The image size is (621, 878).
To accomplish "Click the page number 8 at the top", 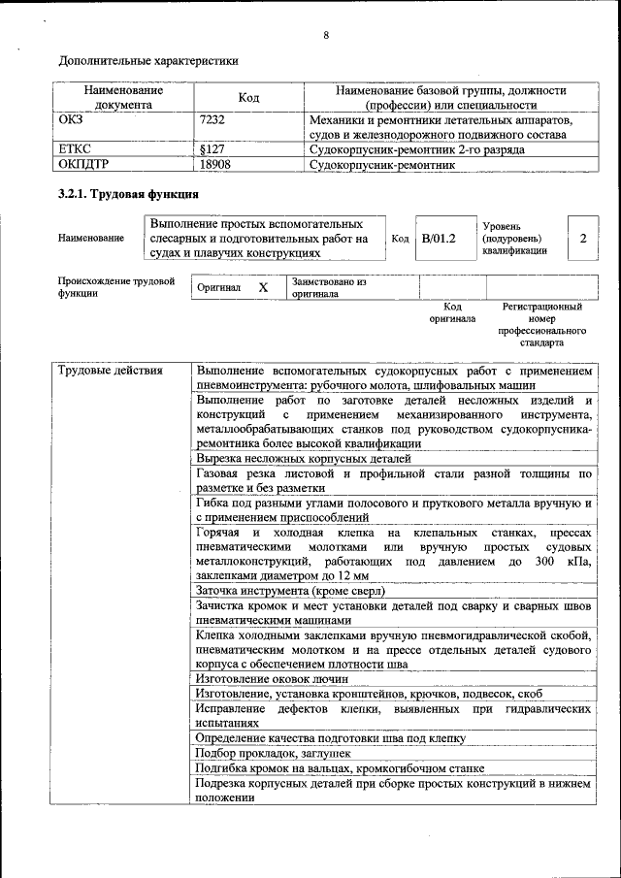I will [326, 36].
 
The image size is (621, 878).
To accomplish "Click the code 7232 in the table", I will [212, 120].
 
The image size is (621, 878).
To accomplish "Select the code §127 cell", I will [212, 150].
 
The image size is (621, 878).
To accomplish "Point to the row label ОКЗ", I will [71, 120].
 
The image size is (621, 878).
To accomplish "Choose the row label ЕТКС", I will [75, 150].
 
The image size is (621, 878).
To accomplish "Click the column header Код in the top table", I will [248, 97].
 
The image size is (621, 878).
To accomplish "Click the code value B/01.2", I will [439, 238].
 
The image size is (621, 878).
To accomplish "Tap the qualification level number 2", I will [582, 238].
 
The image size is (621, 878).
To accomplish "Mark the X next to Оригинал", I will [262, 288].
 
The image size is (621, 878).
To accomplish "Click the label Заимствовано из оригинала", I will [329, 287].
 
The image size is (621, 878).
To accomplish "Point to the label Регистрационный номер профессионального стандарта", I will [541, 324].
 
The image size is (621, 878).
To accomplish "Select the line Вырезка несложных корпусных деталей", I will [304, 458].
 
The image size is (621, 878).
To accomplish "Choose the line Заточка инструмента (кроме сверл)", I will [291, 590].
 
